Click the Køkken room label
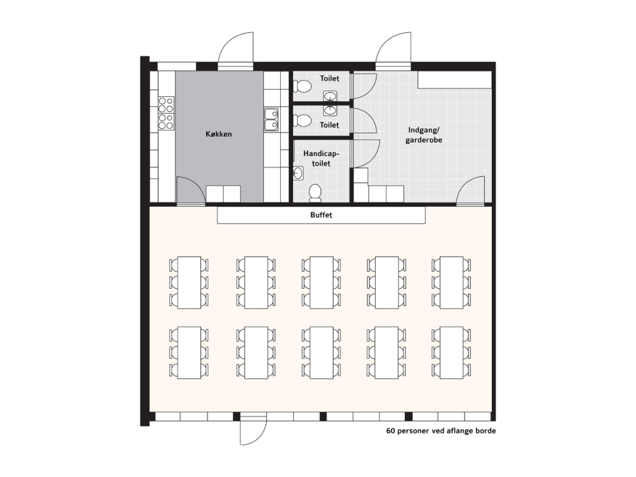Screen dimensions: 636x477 point(219,134)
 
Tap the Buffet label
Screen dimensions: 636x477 point(321,215)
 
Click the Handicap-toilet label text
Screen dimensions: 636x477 point(321,158)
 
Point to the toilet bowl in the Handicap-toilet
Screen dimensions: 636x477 point(315,193)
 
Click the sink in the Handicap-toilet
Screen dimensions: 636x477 point(298,173)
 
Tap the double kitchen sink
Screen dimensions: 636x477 point(271,119)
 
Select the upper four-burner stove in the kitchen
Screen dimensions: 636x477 point(166,104)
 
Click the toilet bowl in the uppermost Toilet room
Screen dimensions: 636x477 point(302,86)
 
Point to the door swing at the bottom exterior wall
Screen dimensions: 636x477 point(253,430)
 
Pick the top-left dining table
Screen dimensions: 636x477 point(189,283)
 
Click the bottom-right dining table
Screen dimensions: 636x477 point(452,353)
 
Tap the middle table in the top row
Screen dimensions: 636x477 point(321,283)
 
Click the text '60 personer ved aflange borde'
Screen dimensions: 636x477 point(441,431)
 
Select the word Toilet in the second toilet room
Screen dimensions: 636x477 point(329,125)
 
